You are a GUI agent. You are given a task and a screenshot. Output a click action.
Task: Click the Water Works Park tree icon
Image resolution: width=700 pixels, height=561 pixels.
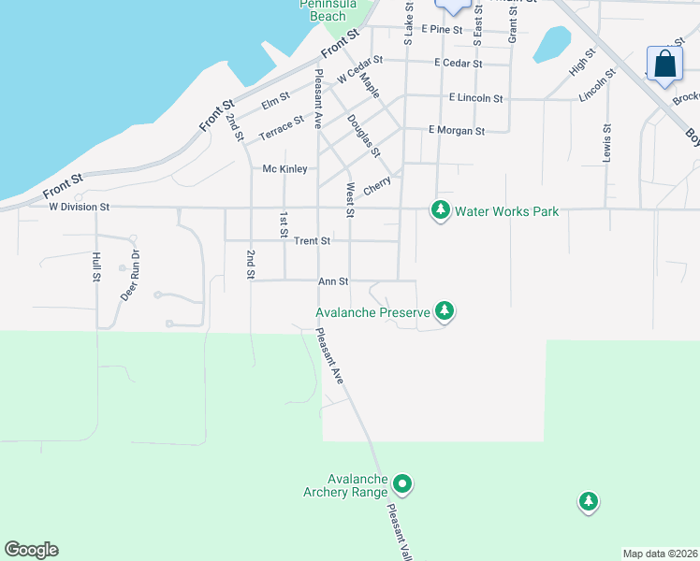tap(441, 210)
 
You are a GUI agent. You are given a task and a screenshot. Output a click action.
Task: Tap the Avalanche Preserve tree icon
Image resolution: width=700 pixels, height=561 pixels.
tap(445, 311)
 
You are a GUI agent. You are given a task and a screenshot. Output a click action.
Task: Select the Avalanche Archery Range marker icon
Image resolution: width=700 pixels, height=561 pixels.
tap(402, 483)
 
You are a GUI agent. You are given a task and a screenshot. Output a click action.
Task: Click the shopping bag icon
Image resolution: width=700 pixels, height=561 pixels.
tap(665, 64)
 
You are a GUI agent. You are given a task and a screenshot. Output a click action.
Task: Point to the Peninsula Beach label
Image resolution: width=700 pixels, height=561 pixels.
tap(328, 10)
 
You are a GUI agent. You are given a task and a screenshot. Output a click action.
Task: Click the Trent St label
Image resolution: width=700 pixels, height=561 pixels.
tap(312, 241)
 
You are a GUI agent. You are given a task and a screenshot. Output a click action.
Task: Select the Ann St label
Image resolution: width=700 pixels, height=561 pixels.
tap(333, 280)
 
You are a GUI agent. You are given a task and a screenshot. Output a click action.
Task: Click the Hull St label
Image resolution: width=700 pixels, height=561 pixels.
tap(96, 266)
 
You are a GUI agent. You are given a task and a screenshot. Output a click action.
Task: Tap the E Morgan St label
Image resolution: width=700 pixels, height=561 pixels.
tap(456, 131)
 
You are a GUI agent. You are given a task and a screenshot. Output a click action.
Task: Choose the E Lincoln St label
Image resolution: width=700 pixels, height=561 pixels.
tap(476, 98)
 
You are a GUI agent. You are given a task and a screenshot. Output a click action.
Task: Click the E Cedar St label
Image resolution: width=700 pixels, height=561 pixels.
tap(459, 64)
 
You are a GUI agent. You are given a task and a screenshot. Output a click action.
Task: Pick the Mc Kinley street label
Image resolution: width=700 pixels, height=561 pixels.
tap(284, 169)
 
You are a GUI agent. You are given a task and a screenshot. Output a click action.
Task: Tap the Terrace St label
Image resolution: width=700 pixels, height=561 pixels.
tap(282, 127)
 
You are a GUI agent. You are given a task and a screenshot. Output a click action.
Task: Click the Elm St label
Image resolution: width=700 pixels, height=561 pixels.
tap(275, 100)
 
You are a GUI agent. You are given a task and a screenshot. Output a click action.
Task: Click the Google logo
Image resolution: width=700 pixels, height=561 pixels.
tap(31, 550)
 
